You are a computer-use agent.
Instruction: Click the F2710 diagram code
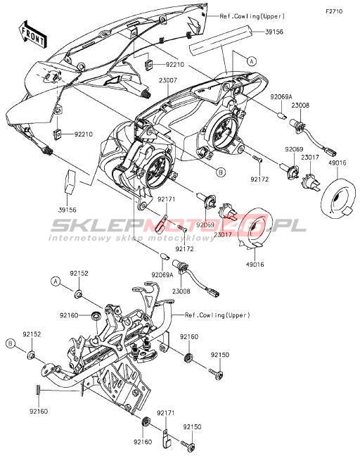pyautogui.click(x=334, y=12)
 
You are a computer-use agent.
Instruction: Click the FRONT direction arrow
pyautogui.click(x=32, y=34)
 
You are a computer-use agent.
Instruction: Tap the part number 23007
pyautogui.click(x=168, y=80)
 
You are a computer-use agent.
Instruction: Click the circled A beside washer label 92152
pyautogui.click(x=56, y=281)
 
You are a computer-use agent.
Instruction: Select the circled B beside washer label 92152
pyautogui.click(x=11, y=343)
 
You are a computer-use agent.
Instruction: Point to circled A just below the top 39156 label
pyautogui.click(x=252, y=61)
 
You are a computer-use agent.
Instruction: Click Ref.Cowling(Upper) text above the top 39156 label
pyautogui.click(x=252, y=16)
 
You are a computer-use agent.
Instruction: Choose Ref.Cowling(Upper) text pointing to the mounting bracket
pyautogui.click(x=217, y=315)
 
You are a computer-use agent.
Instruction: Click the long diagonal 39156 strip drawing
pyautogui.click(x=220, y=41)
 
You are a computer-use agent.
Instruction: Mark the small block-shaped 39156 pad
pyautogui.click(x=69, y=182)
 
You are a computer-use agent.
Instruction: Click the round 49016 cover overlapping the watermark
pyautogui.click(x=255, y=229)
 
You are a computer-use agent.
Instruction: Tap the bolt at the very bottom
pyautogui.click(x=188, y=444)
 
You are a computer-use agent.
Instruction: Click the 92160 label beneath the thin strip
pyautogui.click(x=38, y=412)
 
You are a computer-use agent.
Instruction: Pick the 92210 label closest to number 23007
pyautogui.click(x=175, y=64)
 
